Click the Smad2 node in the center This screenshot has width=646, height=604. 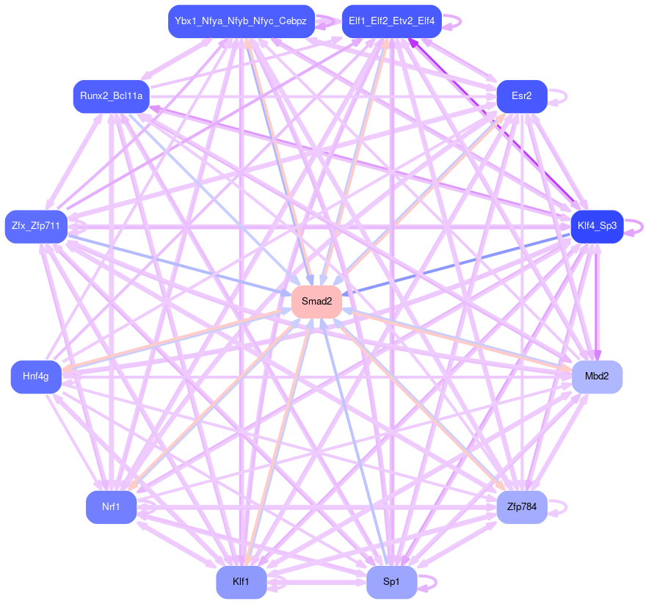click(x=317, y=301)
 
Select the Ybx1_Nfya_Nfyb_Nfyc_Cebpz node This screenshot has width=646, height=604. click(x=241, y=21)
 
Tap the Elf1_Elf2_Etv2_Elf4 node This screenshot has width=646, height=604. click(x=392, y=21)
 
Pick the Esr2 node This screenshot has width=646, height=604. click(x=522, y=96)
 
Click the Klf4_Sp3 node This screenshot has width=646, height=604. click(x=597, y=226)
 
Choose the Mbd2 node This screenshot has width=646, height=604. click(x=597, y=376)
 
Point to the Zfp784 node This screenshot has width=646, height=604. click(x=522, y=507)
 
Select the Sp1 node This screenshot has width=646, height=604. click(x=392, y=582)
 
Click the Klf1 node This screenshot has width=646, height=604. click(x=241, y=582)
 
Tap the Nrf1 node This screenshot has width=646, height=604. click(x=111, y=507)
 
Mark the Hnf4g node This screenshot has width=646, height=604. click(x=36, y=376)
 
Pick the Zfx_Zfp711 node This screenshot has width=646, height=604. click(x=36, y=226)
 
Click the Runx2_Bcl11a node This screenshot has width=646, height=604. click(x=111, y=96)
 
